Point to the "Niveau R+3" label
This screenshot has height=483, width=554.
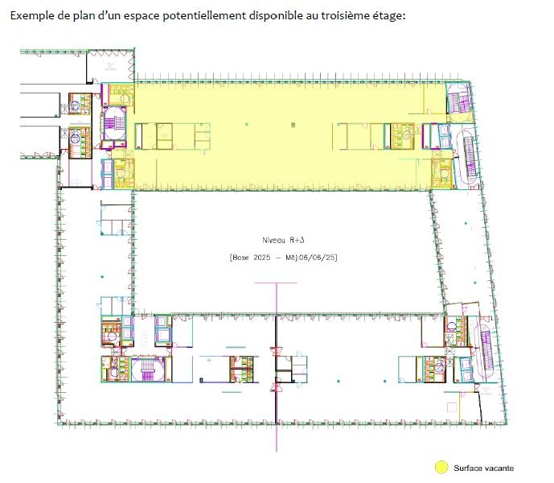point(283,240)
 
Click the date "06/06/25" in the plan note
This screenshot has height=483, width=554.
point(317,258)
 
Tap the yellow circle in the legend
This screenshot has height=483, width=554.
point(441,467)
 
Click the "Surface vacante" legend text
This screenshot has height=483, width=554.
point(484,469)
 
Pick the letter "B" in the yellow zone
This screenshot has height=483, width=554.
point(293,125)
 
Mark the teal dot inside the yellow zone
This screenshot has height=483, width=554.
point(247,124)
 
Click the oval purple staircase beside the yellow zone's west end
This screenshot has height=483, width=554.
point(114,123)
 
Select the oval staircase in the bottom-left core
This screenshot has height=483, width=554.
point(148,369)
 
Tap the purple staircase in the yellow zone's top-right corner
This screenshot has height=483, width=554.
point(458,98)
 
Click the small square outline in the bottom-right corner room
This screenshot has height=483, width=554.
point(452,407)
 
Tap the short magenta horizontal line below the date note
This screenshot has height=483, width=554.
point(276,283)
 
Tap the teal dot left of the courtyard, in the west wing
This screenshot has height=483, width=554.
point(102,276)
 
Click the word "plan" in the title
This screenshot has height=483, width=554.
point(82,16)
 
